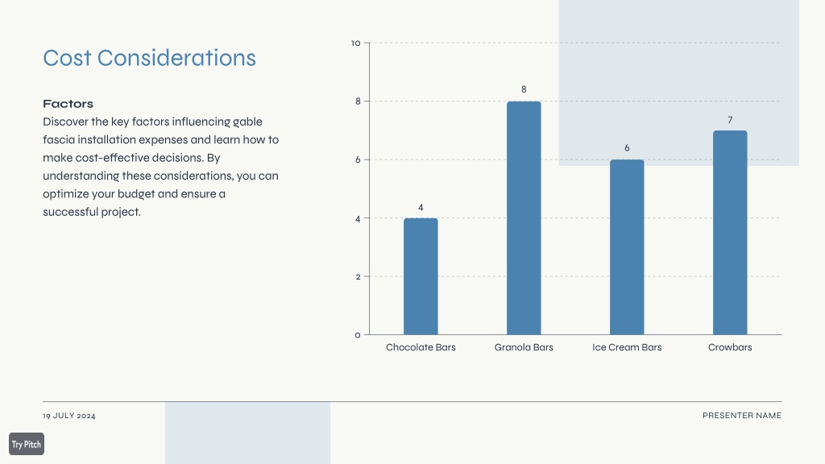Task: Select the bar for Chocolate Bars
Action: [x=421, y=276]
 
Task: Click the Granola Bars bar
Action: [x=524, y=217]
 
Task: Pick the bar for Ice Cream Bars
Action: [x=627, y=246]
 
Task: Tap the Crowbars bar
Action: [x=730, y=233]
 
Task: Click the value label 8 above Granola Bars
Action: [x=524, y=89]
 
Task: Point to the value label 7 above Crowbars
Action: [x=730, y=120]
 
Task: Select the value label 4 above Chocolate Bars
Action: [x=421, y=208]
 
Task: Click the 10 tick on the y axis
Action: [x=355, y=43]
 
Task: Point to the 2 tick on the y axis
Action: [x=358, y=277]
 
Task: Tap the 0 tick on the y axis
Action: [x=358, y=335]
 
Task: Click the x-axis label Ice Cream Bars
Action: [x=627, y=347]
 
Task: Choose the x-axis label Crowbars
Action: [x=730, y=347]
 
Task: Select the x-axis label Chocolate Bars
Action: [x=421, y=347]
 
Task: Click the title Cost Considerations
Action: [x=149, y=58]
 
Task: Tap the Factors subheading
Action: [x=68, y=104]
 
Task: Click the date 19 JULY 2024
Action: [x=69, y=416]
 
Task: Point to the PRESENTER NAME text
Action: [x=742, y=416]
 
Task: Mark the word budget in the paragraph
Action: [x=135, y=194]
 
